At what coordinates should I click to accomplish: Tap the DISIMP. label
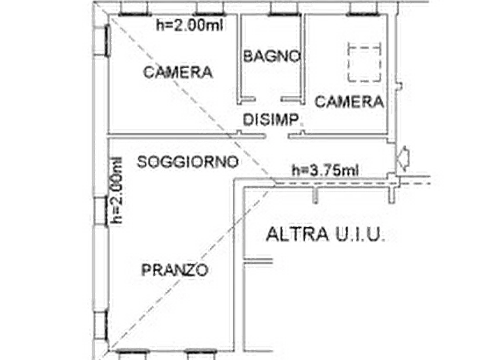270,119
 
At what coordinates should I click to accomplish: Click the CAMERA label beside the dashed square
349,101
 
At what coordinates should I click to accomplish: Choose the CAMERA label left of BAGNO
177,72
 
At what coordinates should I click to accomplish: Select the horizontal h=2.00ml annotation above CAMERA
189,25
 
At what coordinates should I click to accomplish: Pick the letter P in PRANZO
146,269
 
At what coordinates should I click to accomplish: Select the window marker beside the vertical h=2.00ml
98,210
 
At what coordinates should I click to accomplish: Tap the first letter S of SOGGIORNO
141,162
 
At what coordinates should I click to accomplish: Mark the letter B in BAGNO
247,56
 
